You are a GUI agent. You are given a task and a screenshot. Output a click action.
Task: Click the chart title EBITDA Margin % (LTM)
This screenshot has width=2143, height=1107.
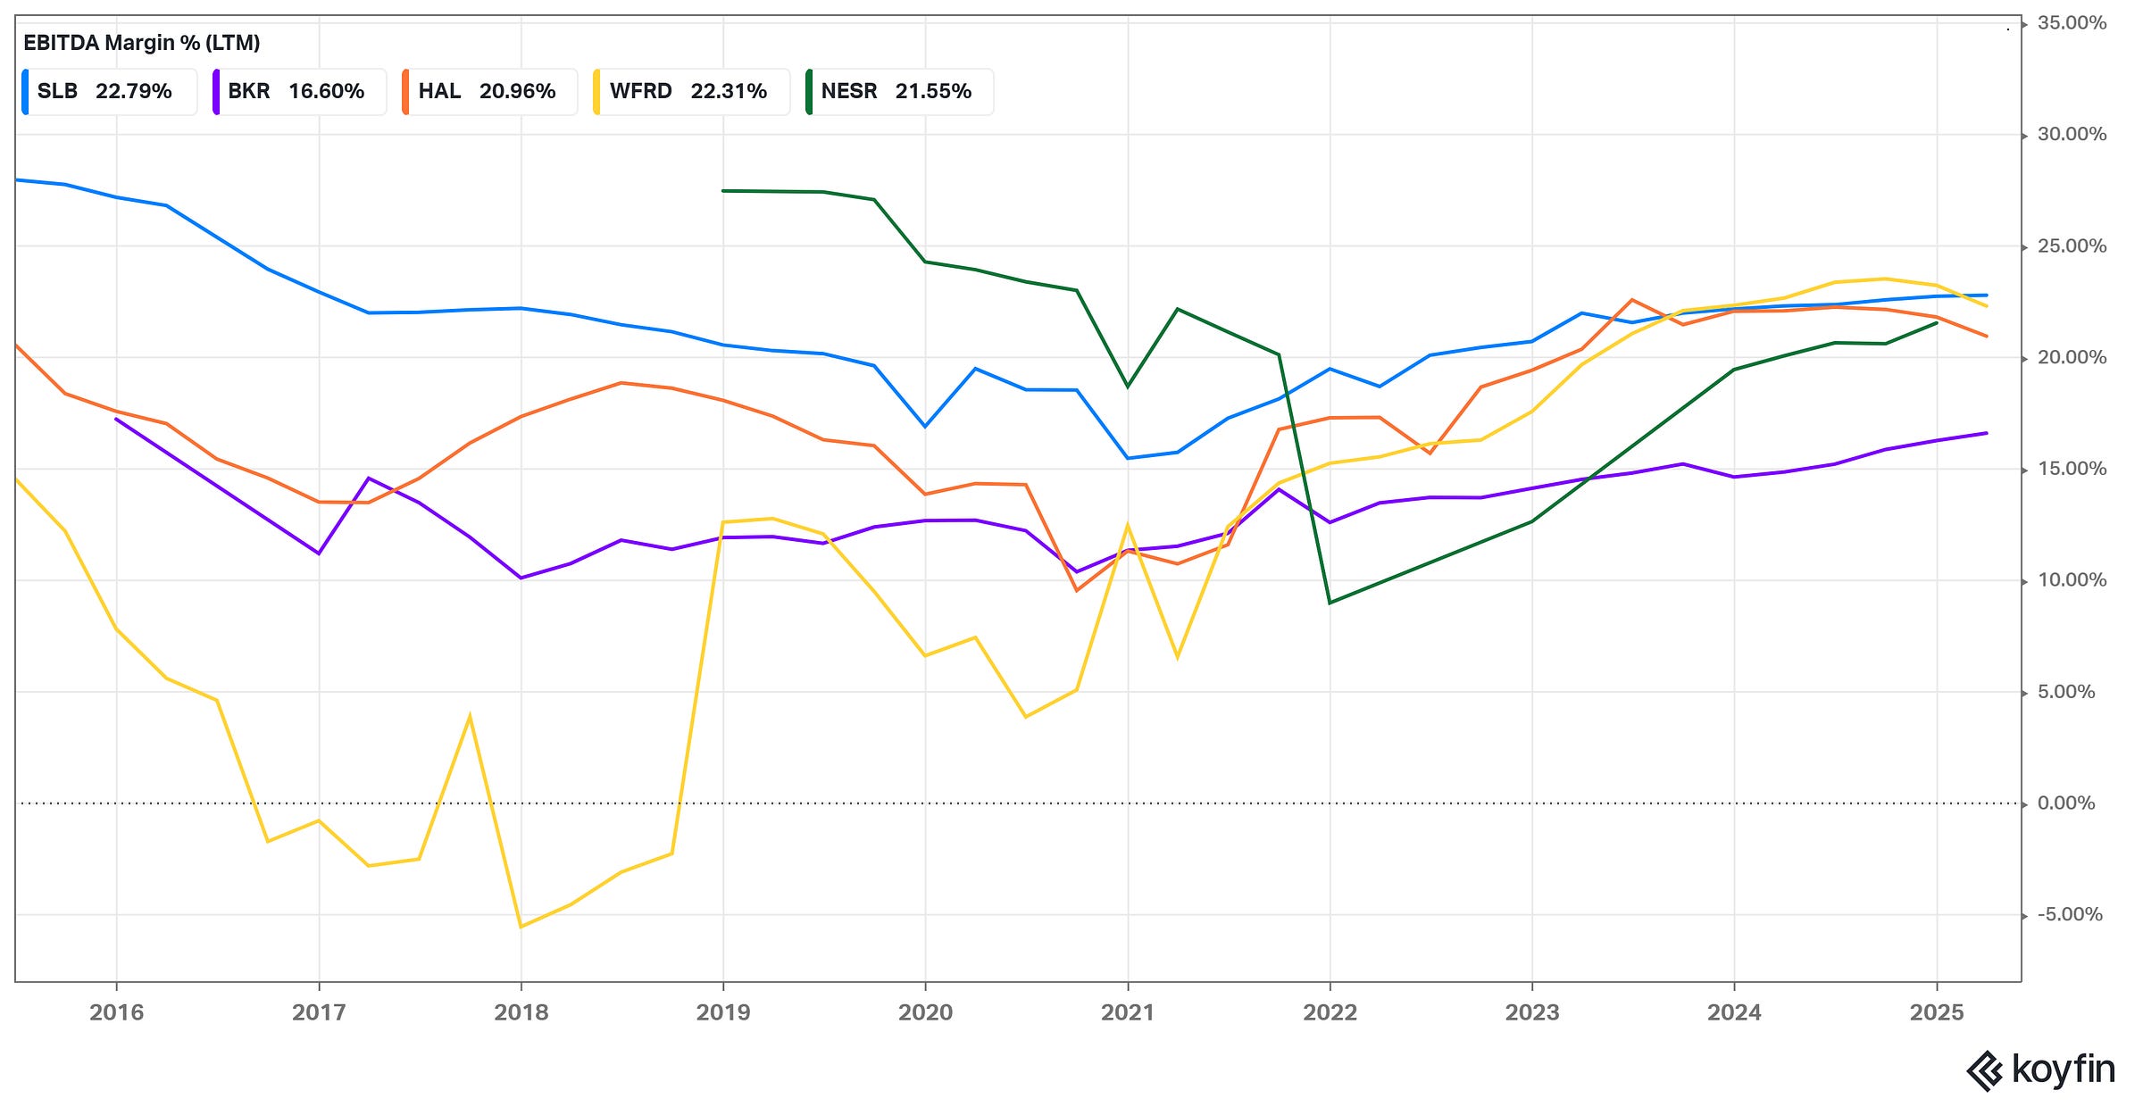141,42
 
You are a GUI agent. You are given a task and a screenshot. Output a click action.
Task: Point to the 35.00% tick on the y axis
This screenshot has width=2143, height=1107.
2071,23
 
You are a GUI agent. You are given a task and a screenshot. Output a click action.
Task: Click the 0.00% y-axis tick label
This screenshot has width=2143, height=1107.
2065,803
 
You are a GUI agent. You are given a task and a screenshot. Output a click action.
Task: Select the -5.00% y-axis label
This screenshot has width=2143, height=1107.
2069,915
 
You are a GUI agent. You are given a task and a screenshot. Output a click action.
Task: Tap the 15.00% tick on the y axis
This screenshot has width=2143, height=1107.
2071,469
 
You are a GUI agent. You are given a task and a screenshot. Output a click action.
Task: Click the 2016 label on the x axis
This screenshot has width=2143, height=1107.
116,1012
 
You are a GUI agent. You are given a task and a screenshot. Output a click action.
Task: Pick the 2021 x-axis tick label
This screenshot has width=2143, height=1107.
1128,1012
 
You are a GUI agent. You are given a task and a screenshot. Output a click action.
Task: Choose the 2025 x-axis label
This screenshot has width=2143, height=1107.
1936,1012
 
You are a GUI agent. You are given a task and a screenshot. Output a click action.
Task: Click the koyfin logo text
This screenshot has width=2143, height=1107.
2063,1070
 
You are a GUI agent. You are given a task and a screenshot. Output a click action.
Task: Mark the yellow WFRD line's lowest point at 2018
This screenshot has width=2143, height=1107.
521,927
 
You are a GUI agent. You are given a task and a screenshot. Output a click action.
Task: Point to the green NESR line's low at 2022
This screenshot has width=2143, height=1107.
1330,603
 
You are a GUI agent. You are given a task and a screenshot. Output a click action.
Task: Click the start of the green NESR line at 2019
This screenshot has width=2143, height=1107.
723,190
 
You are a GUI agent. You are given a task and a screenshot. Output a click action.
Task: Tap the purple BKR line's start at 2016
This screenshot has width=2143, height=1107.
116,419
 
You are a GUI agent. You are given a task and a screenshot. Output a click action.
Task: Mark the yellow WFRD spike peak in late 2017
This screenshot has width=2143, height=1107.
470,716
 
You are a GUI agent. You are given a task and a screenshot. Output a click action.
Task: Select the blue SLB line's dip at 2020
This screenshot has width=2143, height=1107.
925,426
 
